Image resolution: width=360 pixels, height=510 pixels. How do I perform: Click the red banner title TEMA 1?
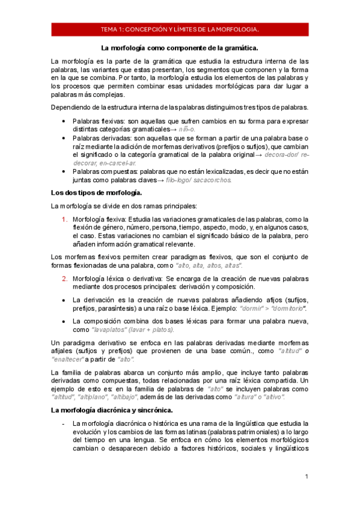point(180,29)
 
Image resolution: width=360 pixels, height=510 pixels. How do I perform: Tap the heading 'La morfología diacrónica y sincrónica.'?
point(112,410)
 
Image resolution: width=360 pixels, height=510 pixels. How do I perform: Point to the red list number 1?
point(65,219)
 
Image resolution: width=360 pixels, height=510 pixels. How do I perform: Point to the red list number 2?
point(65,279)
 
